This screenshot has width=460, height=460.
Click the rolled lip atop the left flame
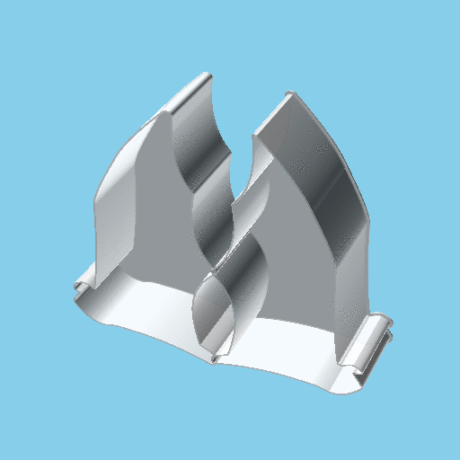coord(190,92)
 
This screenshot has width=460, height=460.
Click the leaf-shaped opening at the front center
coord(217,314)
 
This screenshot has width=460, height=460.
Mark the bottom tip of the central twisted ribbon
coord(214,359)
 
